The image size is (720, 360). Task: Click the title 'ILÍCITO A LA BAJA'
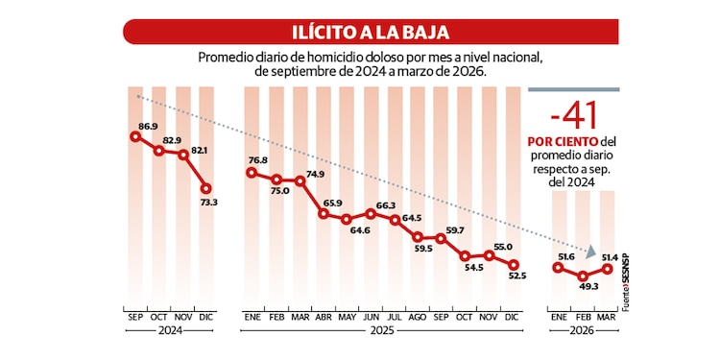click(x=359, y=31)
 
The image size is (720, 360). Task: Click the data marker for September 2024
click(x=135, y=136)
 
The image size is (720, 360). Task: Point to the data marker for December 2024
click(x=206, y=188)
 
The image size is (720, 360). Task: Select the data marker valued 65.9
click(x=324, y=213)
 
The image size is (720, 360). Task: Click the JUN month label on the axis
click(x=371, y=315)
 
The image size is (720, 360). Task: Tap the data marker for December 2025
click(x=513, y=265)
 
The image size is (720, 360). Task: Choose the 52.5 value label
click(x=517, y=276)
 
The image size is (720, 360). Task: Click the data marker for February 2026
click(x=583, y=276)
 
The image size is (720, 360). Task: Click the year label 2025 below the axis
click(x=381, y=330)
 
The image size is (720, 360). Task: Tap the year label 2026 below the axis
click(x=583, y=330)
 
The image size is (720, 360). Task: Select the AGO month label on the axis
click(x=418, y=315)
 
